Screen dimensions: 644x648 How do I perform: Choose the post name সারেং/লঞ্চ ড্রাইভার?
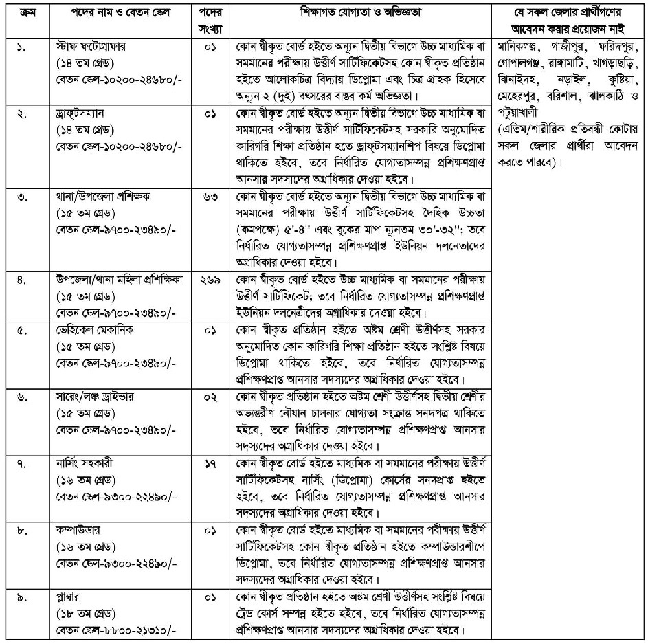pos(94,397)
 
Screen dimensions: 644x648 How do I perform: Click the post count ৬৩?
pos(214,196)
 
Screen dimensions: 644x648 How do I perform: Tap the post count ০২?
pos(214,397)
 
